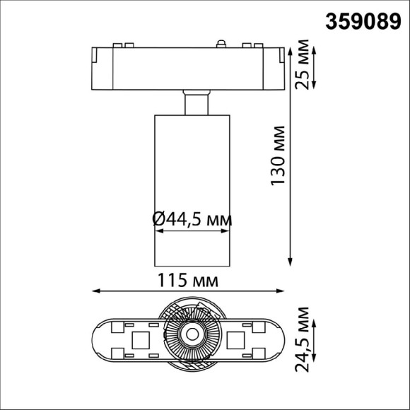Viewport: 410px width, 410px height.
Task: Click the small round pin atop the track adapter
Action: pos(221,45)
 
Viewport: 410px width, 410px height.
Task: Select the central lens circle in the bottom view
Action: pos(191,336)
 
